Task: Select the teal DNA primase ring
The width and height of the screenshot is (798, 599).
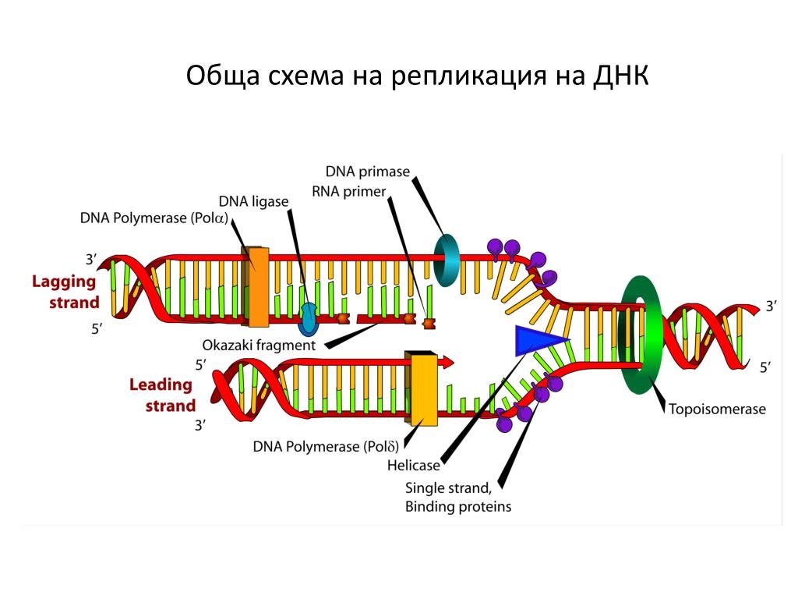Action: pos(447,257)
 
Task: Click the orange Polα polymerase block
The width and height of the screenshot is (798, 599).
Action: pos(256,285)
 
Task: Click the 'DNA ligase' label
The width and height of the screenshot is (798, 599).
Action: pos(253,201)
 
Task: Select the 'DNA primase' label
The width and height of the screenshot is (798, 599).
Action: pos(367,172)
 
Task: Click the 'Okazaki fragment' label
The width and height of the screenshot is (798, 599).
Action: pos(259,344)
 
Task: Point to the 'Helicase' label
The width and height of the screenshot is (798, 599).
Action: pos(413,466)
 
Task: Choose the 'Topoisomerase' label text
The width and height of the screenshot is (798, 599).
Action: pos(717,409)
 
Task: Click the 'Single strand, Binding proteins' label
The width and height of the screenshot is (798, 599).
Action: pos(457,498)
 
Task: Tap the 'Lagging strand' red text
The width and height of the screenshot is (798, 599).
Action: pos(65,292)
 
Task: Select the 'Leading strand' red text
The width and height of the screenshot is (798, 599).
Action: pos(162,395)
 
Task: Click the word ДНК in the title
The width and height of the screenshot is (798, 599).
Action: pos(620,76)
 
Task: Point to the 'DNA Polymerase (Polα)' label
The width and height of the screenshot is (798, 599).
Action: pos(154,218)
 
